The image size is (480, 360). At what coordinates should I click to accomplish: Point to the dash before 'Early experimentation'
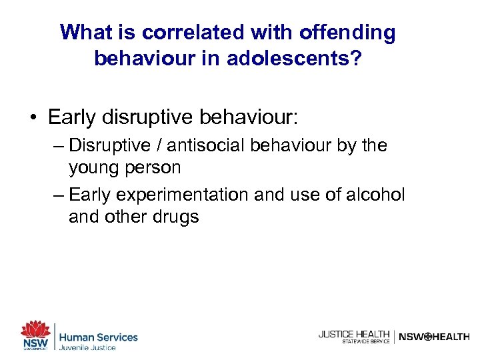(x=58, y=195)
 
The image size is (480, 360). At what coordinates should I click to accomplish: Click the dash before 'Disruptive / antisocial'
(x=58, y=145)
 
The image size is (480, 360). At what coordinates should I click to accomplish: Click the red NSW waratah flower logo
(x=35, y=330)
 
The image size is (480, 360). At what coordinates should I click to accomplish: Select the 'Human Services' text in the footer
(x=98, y=337)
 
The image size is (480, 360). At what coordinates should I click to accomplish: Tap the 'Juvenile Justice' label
(x=87, y=348)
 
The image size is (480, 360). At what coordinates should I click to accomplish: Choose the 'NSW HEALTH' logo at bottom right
(x=433, y=337)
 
